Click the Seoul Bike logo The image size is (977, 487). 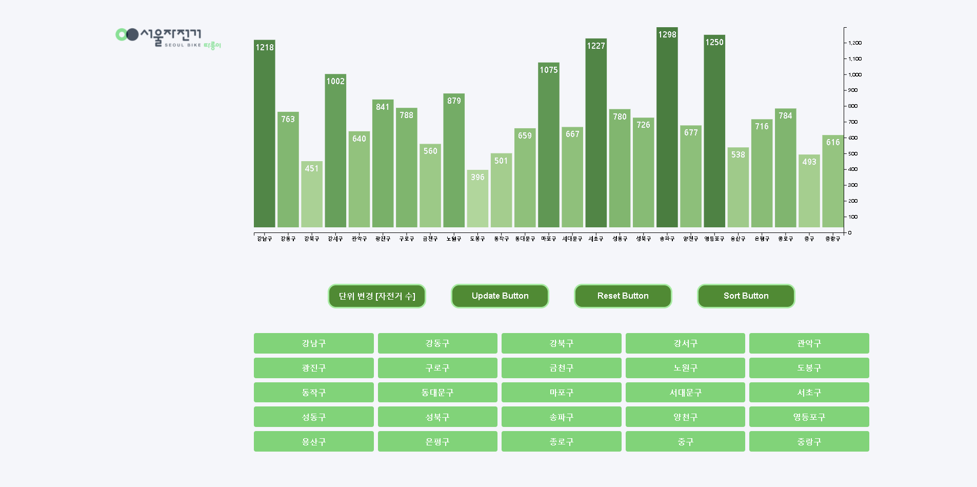pyautogui.click(x=168, y=37)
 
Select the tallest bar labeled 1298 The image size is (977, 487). pyautogui.click(x=667, y=128)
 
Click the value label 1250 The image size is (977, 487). pyautogui.click(x=714, y=42)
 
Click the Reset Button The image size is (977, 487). pyautogui.click(x=623, y=296)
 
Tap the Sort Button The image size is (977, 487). pyautogui.click(x=746, y=296)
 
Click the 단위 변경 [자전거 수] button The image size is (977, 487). pyautogui.click(x=377, y=296)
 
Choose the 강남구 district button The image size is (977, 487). pyautogui.click(x=313, y=343)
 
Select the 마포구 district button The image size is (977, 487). pyautogui.click(x=561, y=393)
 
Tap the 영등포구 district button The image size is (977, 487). pyautogui.click(x=809, y=417)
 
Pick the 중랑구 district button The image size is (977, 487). pyautogui.click(x=809, y=442)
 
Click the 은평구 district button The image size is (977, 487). pyautogui.click(x=437, y=442)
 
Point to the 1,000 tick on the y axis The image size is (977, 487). pyautogui.click(x=854, y=74)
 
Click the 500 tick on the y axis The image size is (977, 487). pyautogui.click(x=852, y=153)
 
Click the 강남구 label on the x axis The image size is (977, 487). pyautogui.click(x=265, y=239)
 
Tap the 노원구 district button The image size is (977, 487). pyautogui.click(x=685, y=368)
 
